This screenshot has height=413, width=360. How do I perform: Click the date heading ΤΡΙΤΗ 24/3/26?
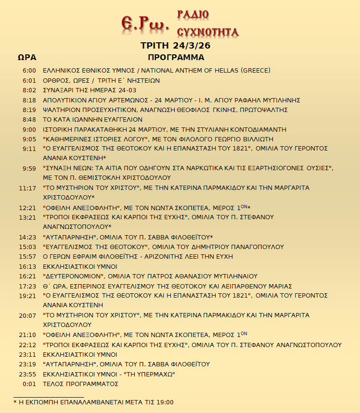pos(175,46)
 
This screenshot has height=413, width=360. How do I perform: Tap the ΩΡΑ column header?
pos(27,57)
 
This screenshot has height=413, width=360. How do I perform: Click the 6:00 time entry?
pos(29,71)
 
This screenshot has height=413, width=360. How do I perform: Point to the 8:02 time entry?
pos(29,90)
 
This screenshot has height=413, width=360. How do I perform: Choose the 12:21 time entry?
pos(27,208)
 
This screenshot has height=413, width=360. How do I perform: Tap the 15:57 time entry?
pos(27,257)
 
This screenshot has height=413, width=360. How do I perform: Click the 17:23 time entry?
pos(27,286)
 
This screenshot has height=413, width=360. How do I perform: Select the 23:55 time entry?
pos(27,374)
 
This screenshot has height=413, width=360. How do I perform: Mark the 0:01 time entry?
pos(29,384)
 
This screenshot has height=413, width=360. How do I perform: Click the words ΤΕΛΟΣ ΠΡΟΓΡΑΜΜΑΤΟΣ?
pos(80,384)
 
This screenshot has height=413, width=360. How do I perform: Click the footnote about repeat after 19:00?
pos(93,402)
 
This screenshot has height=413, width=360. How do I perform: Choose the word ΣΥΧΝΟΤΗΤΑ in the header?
pos(208,33)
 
